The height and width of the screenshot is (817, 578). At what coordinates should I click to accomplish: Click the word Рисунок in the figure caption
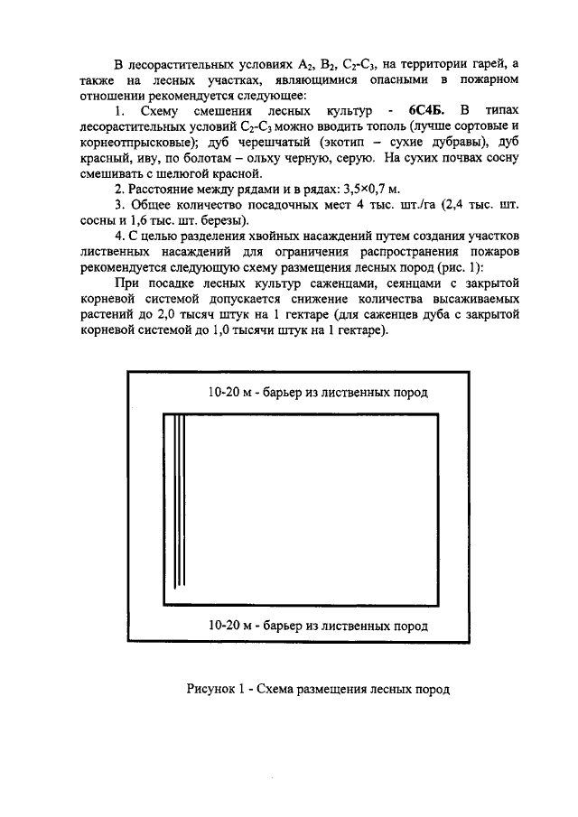[x=212, y=689]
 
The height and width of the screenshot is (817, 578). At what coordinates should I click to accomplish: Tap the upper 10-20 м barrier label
[x=317, y=393]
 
